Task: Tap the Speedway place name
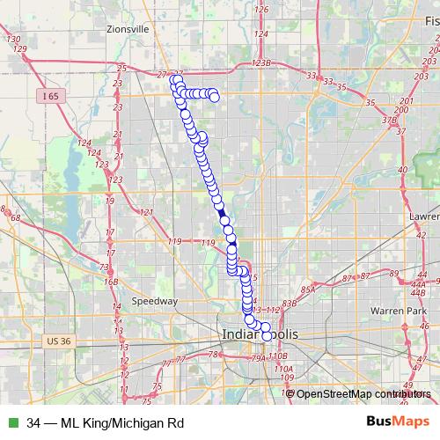155,300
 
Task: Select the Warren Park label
398,311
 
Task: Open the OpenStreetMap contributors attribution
357,393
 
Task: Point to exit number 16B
111,282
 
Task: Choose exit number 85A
307,290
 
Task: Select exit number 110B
279,356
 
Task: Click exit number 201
403,102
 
